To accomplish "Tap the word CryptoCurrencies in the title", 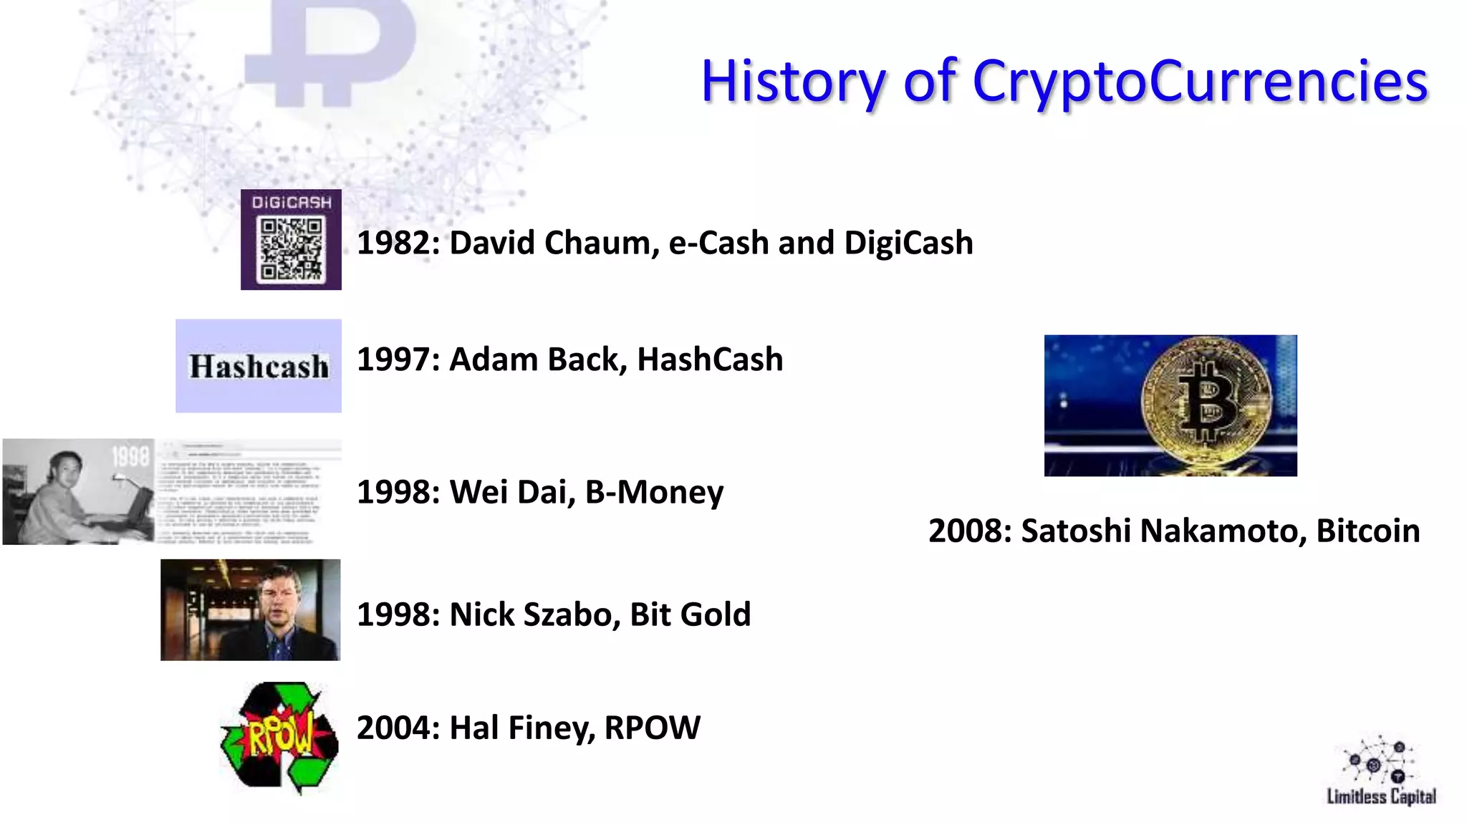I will [x=1200, y=82].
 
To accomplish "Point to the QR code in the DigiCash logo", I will [x=291, y=249].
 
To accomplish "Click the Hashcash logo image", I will [x=259, y=366].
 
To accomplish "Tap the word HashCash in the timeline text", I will [x=710, y=360].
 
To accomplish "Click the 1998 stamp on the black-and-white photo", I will [x=130, y=456].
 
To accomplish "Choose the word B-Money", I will [x=654, y=492].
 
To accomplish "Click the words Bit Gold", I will [x=690, y=614].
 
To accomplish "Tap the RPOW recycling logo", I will [x=280, y=738].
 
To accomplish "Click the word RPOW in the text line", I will [x=652, y=728].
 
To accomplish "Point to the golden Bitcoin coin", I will [x=1206, y=402].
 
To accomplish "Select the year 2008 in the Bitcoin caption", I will [x=969, y=531].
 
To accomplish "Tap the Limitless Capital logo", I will [x=1380, y=771].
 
